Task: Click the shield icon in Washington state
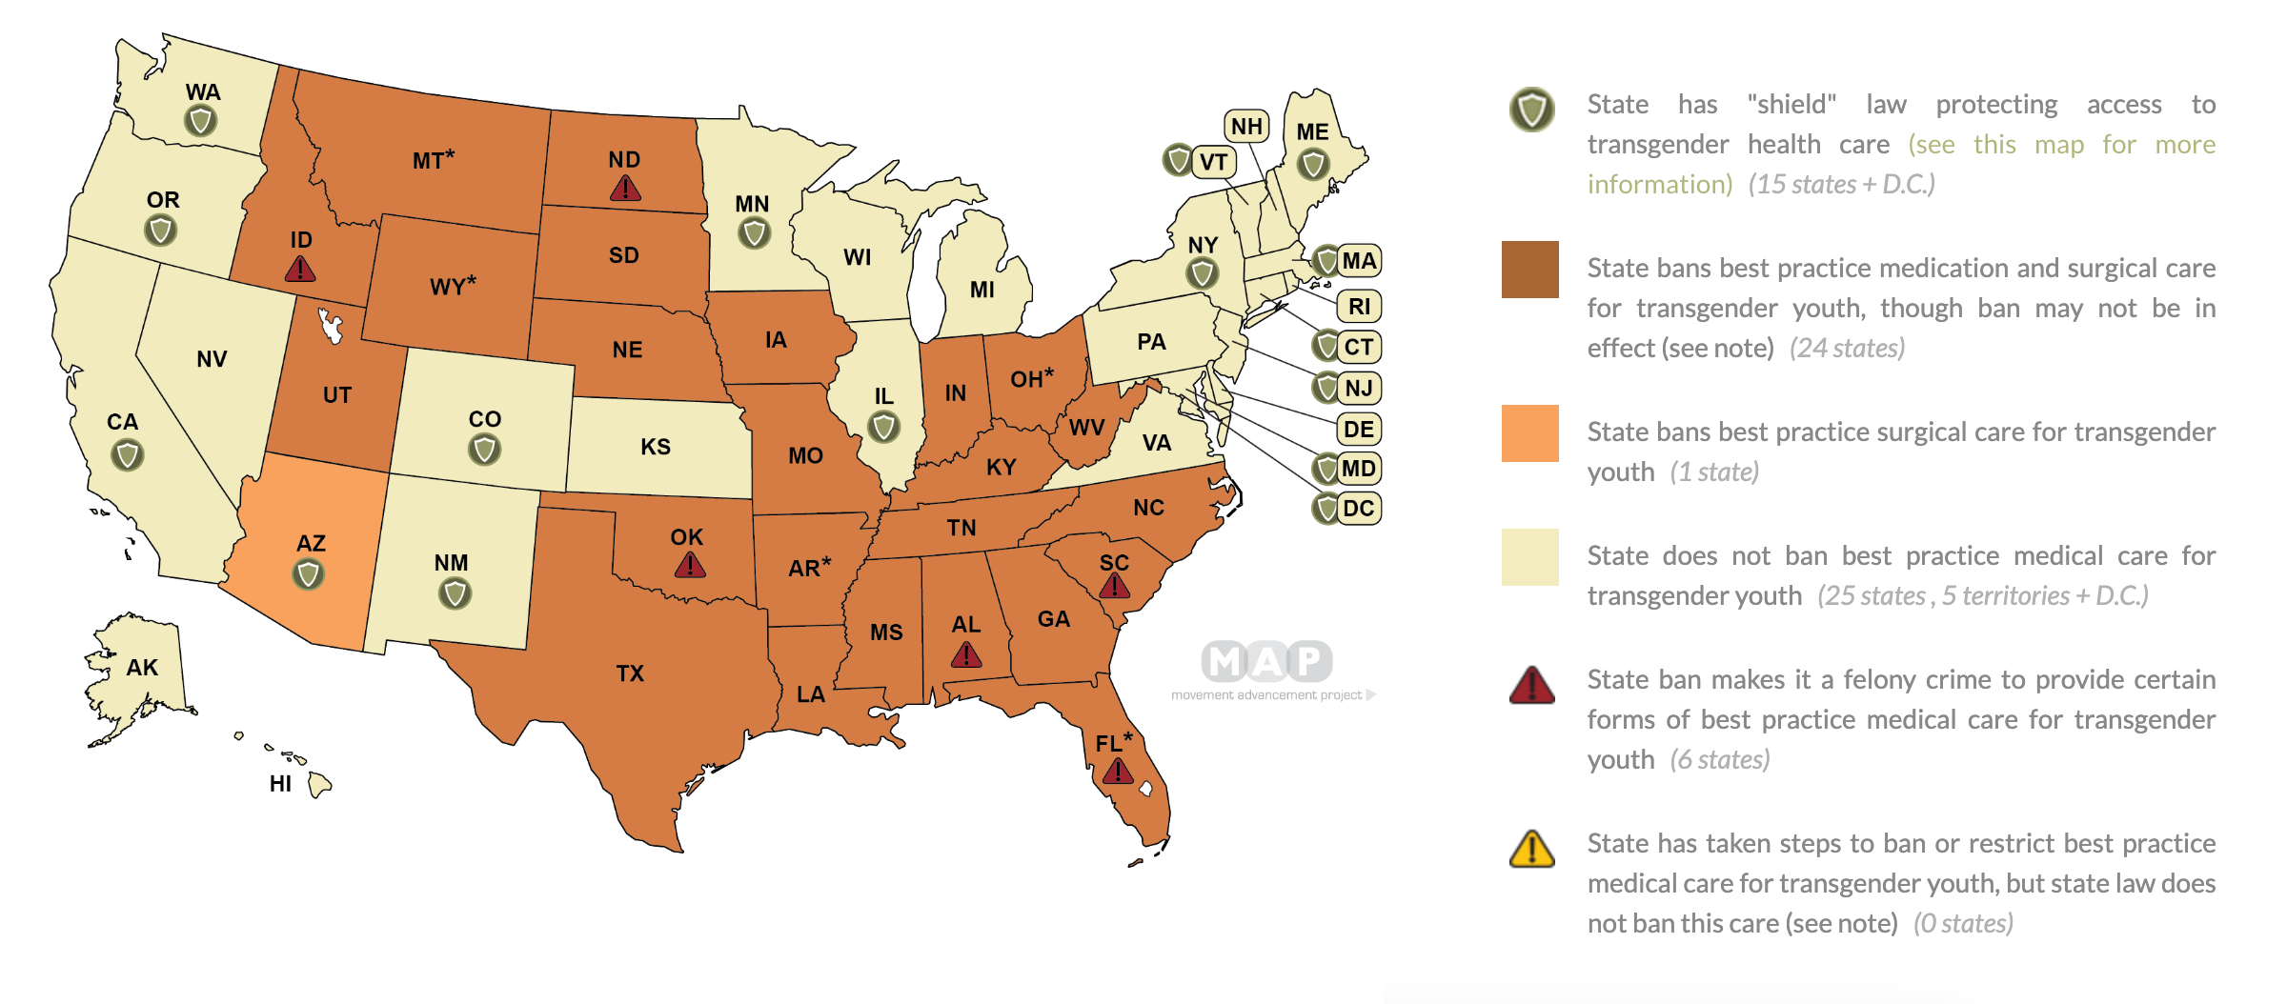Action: point(200,121)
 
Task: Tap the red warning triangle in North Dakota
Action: point(625,189)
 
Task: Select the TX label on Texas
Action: point(630,673)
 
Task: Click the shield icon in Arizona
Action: point(308,574)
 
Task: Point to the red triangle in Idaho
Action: point(300,270)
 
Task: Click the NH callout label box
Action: point(1246,126)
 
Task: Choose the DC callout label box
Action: point(1358,509)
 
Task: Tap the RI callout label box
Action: point(1359,307)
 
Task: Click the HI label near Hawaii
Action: point(280,784)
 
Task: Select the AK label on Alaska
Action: point(142,668)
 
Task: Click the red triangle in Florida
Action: point(1118,772)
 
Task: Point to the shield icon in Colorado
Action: point(484,449)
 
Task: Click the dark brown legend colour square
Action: point(1529,270)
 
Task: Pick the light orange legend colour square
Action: point(1529,433)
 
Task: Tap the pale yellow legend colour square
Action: point(1529,557)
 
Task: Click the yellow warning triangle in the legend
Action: point(1532,849)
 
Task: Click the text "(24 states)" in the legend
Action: point(1847,349)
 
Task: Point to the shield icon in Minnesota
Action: point(754,232)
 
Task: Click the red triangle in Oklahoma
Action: point(690,567)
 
